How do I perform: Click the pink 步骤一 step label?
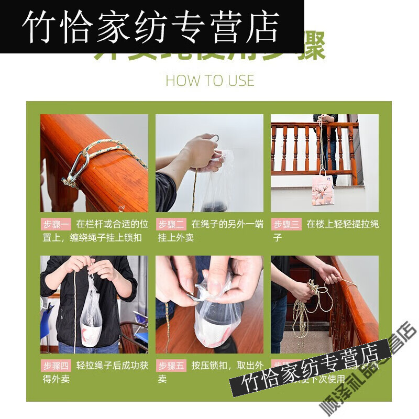(56, 225)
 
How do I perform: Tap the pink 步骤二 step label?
(171, 225)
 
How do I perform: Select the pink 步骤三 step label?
(286, 225)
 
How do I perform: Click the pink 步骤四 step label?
(56, 366)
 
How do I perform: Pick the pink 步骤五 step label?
(171, 366)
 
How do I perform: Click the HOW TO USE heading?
(210, 81)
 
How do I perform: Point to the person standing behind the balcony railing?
(327, 141)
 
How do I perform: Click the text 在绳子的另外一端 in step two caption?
(227, 225)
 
